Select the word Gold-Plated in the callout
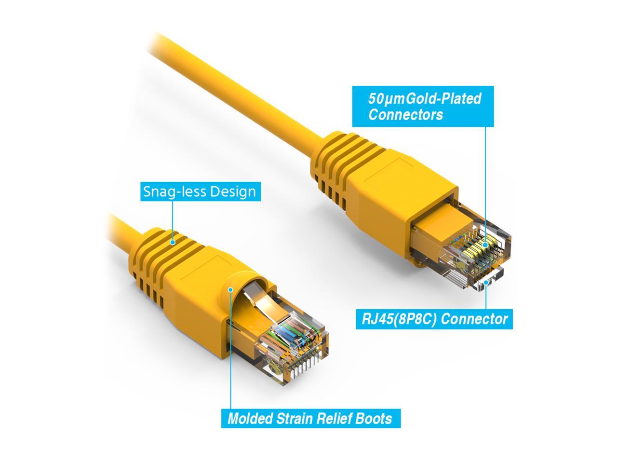tap(444, 99)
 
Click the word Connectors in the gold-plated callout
tap(405, 115)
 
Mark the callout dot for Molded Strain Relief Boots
tap(231, 290)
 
